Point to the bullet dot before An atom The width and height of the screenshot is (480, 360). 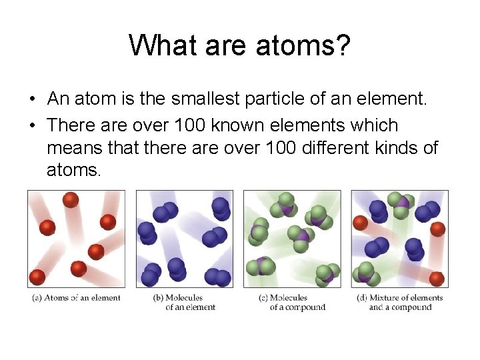[x=32, y=100]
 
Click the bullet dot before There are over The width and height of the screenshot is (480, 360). [x=32, y=126]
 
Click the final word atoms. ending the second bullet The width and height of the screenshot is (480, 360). [x=74, y=170]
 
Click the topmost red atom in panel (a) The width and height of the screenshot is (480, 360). [x=71, y=199]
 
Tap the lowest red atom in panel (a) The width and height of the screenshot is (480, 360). [x=37, y=277]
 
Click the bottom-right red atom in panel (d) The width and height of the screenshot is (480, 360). [x=437, y=278]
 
